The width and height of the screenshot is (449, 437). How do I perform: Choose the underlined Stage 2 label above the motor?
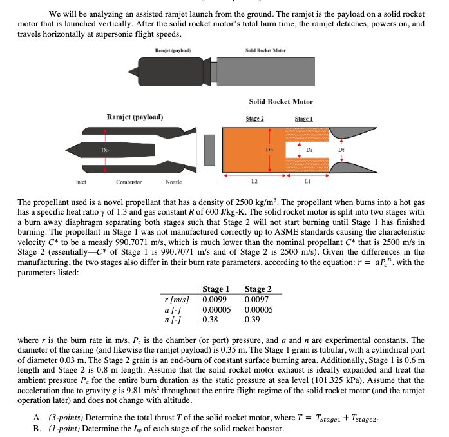256,119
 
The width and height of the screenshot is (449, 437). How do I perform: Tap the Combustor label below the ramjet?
128,182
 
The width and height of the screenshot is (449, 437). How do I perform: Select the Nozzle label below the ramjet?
173,182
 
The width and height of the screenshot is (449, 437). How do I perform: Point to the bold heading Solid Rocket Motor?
281,101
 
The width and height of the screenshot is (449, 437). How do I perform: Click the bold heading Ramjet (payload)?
135,117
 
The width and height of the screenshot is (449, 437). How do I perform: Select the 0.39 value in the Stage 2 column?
253,318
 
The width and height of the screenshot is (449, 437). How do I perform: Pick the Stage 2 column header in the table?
258,289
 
